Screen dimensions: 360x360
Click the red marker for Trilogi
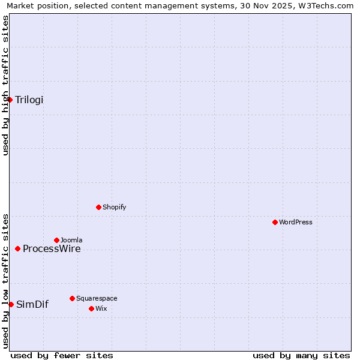pyautogui.click(x=10, y=100)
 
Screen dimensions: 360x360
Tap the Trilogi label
pyautogui.click(x=29, y=100)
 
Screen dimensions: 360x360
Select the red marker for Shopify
pyautogui.click(x=98, y=207)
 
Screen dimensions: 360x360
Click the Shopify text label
pyautogui.click(x=114, y=208)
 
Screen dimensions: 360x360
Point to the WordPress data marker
pyautogui.click(x=275, y=222)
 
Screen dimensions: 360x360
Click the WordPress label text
pyautogui.click(x=295, y=223)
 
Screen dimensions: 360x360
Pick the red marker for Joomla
pyautogui.click(x=56, y=240)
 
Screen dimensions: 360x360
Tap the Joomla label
pyautogui.click(x=71, y=241)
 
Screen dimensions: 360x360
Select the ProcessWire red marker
pyautogui.click(x=17, y=248)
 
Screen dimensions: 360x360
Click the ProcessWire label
pyautogui.click(x=52, y=249)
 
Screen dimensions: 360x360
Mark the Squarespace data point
pyautogui.click(x=72, y=298)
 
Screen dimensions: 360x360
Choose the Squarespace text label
pyautogui.click(x=97, y=299)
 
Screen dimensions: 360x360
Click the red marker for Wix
pyautogui.click(x=91, y=308)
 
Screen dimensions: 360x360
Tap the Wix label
pyautogui.click(x=101, y=309)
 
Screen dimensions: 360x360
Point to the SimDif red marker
pyautogui.click(x=11, y=304)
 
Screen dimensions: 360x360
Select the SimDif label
pyautogui.click(x=32, y=305)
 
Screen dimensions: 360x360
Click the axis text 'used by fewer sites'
pyautogui.click(x=62, y=355)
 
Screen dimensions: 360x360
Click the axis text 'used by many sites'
pyautogui.click(x=301, y=355)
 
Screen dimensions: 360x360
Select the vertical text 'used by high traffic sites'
pyautogui.click(x=5, y=85)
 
